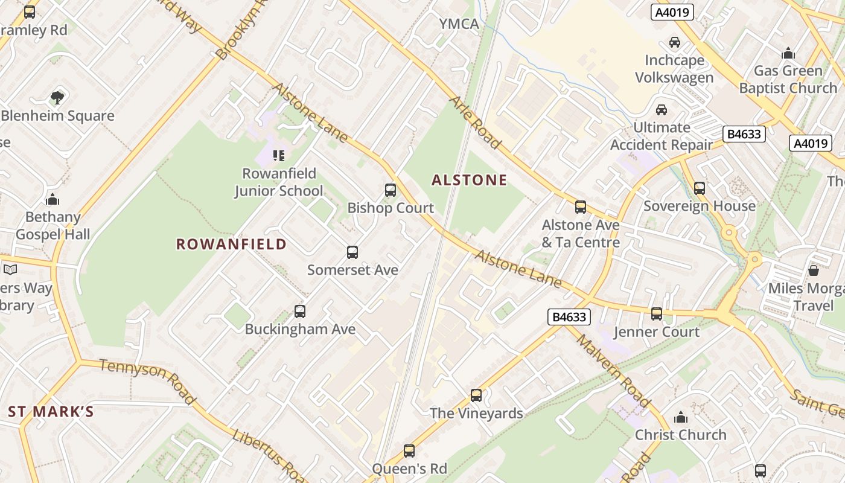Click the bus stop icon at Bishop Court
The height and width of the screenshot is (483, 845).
391,190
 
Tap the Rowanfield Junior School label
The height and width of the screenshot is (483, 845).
278,182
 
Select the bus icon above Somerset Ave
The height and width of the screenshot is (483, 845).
352,252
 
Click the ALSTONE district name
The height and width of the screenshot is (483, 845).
469,180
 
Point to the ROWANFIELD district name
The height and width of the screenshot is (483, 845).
231,244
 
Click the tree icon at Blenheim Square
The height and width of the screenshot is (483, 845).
57,97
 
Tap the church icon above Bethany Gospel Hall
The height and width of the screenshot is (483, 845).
53,199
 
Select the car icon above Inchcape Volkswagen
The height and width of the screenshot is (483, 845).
674,42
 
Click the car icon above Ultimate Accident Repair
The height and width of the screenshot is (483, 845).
662,110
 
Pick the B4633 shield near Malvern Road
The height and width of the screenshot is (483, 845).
569,316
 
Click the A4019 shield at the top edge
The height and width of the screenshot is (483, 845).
672,12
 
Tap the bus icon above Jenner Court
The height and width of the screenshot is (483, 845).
657,314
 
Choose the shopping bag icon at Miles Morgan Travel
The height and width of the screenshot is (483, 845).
813,270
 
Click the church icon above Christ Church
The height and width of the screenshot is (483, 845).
681,417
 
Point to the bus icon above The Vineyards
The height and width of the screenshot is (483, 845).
476,395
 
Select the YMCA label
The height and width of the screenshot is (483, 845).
459,24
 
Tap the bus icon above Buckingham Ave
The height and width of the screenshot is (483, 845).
300,312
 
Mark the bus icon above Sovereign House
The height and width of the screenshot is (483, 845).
700,188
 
